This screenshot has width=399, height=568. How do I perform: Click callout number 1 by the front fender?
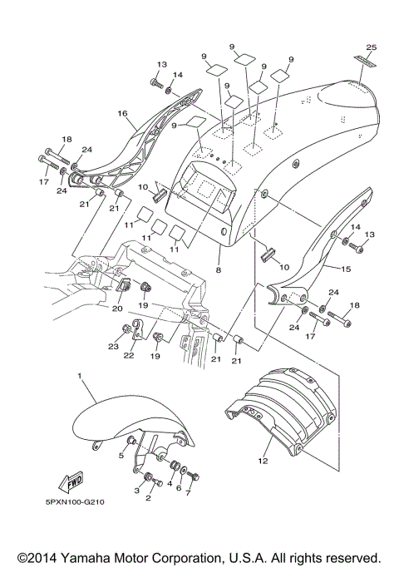point(80,376)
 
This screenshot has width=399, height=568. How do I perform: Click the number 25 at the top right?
point(370,48)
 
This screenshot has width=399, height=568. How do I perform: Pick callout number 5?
point(121,456)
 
